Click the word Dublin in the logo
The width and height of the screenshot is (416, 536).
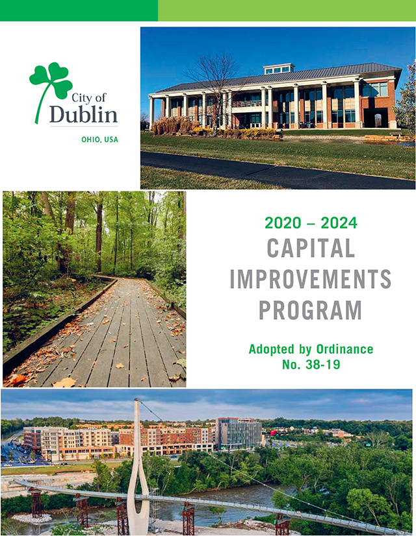[84, 114]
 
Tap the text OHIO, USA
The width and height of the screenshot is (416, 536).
[99, 140]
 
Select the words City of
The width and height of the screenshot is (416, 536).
[89, 97]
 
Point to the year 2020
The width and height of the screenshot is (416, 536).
[283, 223]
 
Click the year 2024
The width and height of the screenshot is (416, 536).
[339, 223]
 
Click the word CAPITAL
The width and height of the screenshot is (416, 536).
[311, 248]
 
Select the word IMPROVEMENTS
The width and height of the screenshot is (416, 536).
[311, 279]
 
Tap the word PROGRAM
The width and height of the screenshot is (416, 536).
[310, 310]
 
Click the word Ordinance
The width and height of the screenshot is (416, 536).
[344, 349]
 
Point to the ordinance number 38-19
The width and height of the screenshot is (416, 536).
[321, 365]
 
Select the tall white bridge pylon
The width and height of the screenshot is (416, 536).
[138, 465]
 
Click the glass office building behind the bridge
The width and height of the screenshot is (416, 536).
[239, 433]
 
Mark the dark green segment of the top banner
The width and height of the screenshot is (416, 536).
[79, 10]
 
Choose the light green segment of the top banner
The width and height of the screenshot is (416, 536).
[287, 10]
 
